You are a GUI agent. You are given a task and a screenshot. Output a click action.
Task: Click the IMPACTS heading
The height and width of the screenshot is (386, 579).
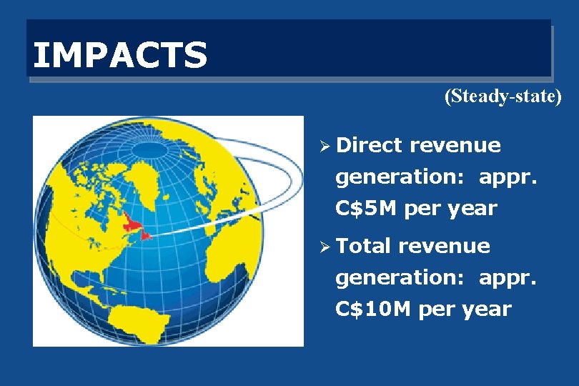coord(120,55)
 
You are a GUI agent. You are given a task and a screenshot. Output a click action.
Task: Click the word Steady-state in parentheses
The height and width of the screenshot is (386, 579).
coord(503,96)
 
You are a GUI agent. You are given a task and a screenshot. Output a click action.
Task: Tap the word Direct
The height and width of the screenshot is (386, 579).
coord(369,145)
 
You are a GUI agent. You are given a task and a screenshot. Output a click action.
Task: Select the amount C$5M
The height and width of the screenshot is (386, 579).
coord(367,209)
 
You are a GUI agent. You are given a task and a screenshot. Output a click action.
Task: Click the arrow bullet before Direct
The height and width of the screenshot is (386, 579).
coord(324,146)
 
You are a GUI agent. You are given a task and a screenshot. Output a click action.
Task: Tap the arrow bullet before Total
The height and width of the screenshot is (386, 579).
coord(324,247)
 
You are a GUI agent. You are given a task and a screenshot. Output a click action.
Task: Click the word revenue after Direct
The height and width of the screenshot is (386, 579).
coord(455,145)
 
